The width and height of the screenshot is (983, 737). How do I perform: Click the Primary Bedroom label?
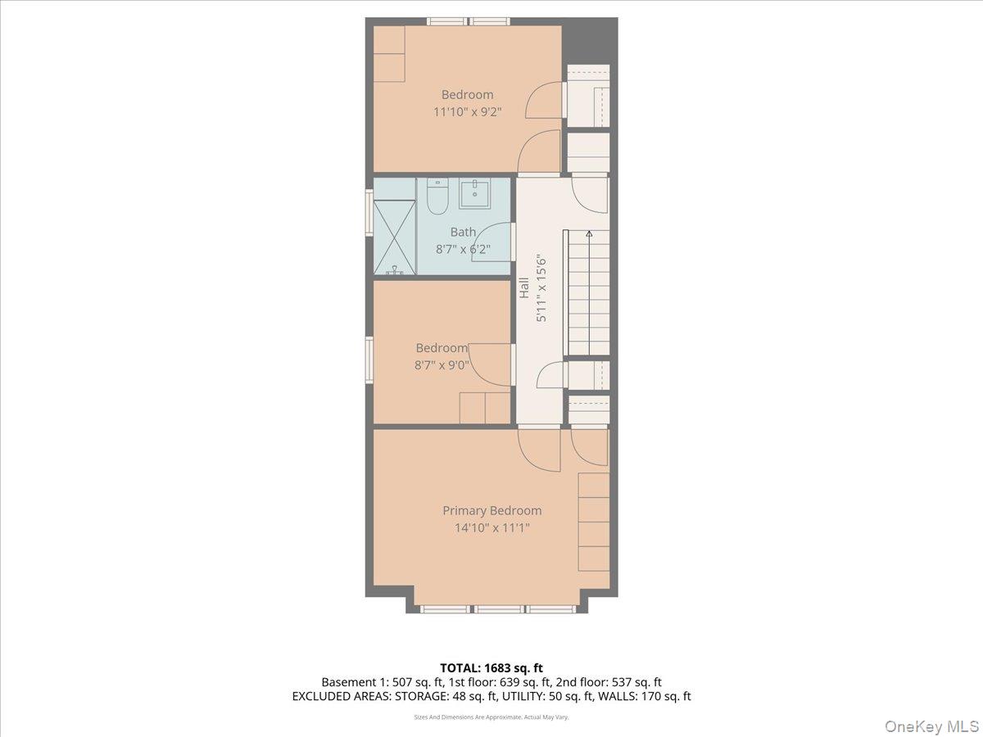(x=491, y=510)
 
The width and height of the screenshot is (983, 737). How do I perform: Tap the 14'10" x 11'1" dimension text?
(x=491, y=528)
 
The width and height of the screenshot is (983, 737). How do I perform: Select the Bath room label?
(x=463, y=233)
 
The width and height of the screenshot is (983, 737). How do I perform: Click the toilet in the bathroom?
(x=437, y=197)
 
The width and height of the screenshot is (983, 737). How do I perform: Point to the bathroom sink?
(x=474, y=194)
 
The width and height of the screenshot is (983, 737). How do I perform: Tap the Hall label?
(x=523, y=288)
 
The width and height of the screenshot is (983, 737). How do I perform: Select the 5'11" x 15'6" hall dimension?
(x=541, y=288)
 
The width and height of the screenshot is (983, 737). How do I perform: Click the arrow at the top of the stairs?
(x=588, y=233)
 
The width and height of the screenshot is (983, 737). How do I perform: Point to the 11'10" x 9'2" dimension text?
(x=467, y=112)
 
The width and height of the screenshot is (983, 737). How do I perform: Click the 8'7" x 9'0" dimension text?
(x=441, y=365)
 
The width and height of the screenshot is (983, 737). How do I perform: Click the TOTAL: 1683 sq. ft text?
(x=491, y=668)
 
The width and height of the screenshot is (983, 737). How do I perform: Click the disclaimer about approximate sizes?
(x=491, y=717)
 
